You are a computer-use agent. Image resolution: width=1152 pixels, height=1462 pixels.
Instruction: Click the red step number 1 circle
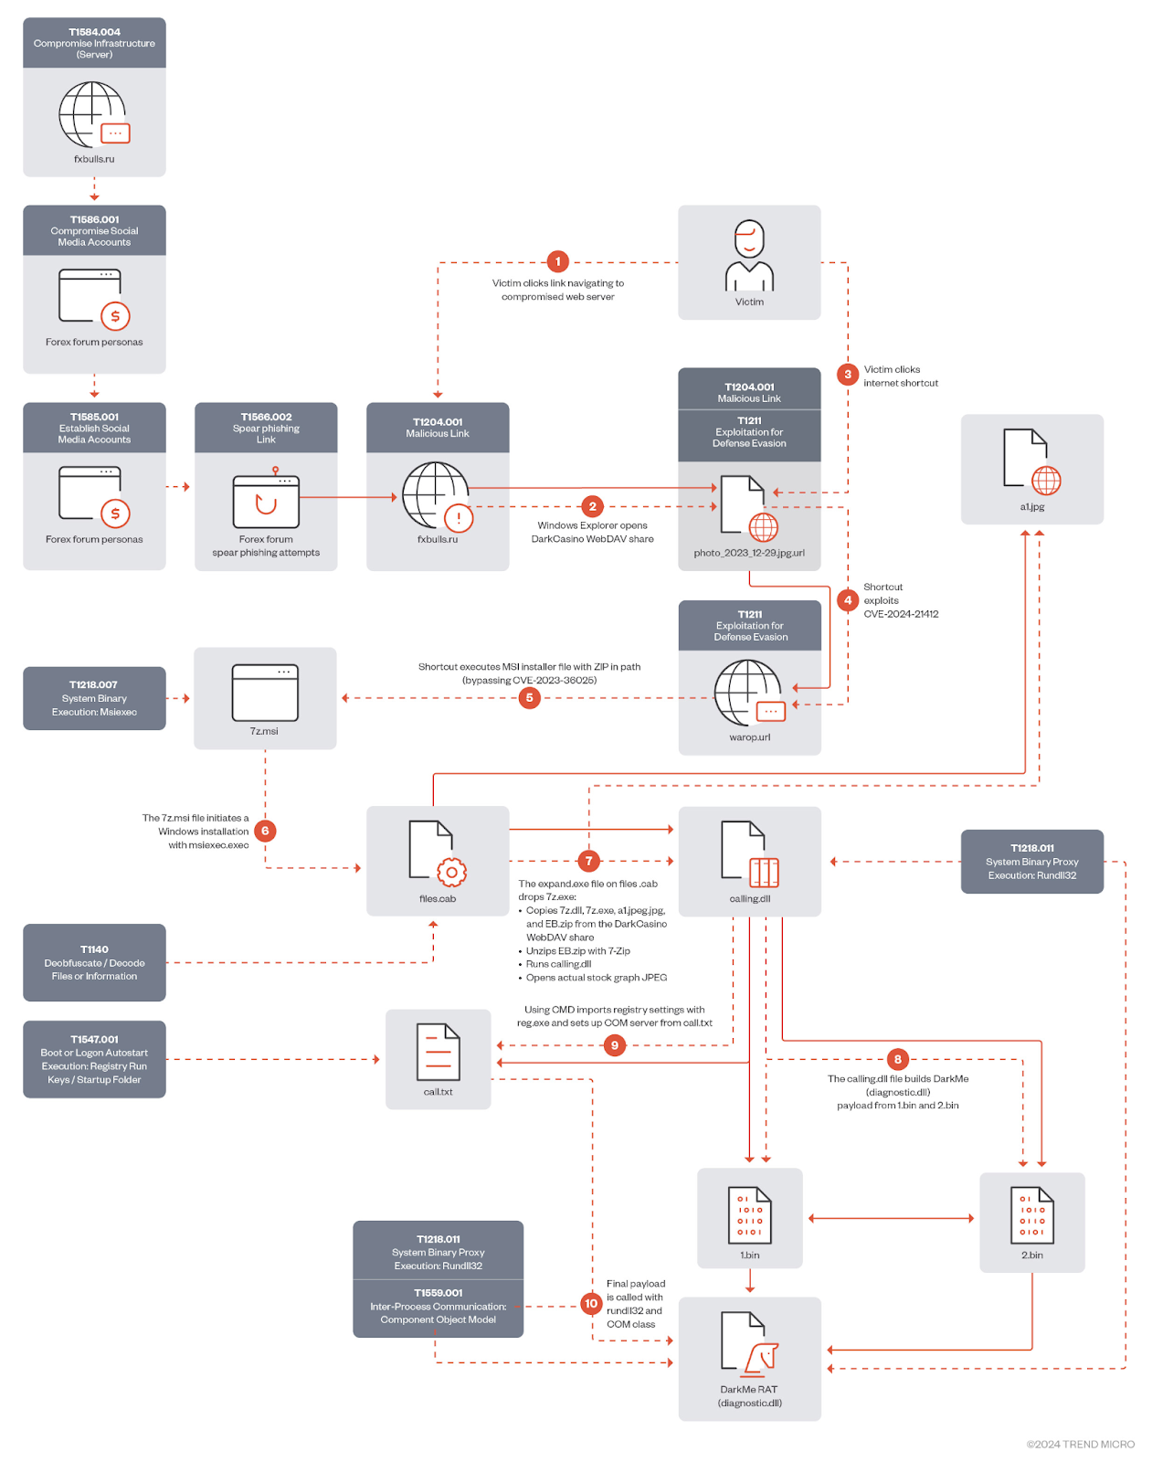[x=557, y=261]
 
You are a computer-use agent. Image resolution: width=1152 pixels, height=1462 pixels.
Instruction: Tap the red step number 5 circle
[x=529, y=698]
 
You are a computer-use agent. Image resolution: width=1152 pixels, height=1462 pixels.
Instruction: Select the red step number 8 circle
[x=897, y=1059]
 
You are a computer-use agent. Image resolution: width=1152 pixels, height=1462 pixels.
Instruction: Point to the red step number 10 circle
[x=591, y=1304]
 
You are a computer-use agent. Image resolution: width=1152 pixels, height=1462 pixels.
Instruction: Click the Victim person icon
[x=749, y=255]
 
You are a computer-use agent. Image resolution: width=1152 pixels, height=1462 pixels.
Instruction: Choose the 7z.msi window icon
[x=265, y=692]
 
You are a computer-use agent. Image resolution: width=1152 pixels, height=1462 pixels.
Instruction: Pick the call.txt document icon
[x=438, y=1052]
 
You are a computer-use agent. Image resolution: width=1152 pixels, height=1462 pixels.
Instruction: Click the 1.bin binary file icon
[x=749, y=1215]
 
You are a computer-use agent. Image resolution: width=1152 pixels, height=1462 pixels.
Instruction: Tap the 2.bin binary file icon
[x=1031, y=1215]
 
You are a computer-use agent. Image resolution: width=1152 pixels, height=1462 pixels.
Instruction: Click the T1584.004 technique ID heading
[x=94, y=32]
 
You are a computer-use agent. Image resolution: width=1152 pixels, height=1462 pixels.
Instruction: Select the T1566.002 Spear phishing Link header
[x=266, y=428]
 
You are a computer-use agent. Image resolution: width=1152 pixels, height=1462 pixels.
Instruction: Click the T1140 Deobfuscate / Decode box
[x=94, y=963]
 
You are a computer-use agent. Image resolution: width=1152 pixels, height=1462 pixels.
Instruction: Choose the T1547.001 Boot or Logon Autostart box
[x=94, y=1059]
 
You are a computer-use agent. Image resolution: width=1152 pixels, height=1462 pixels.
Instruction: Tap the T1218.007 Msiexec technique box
[x=94, y=698]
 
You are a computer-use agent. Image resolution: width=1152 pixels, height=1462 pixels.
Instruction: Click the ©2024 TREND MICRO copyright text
[x=1080, y=1445]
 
